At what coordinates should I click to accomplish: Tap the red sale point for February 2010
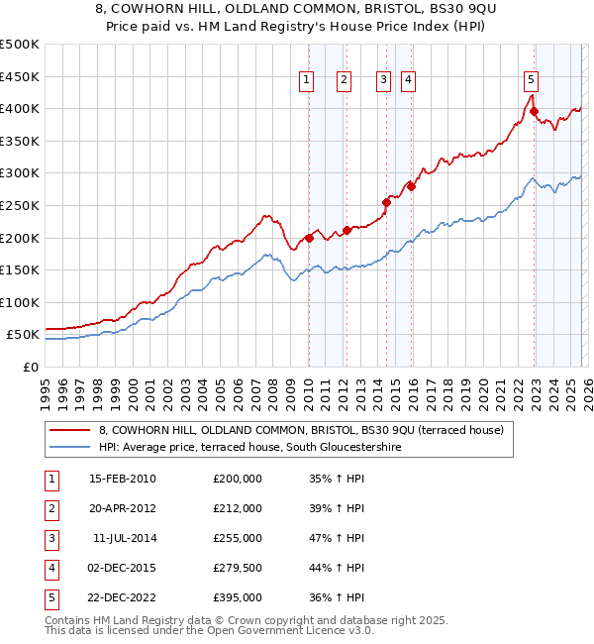[309, 238]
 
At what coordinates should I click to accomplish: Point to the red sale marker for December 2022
[535, 112]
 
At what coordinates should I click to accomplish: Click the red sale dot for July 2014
[386, 202]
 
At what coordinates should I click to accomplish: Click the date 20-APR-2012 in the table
[123, 508]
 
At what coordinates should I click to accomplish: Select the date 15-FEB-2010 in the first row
[123, 479]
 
